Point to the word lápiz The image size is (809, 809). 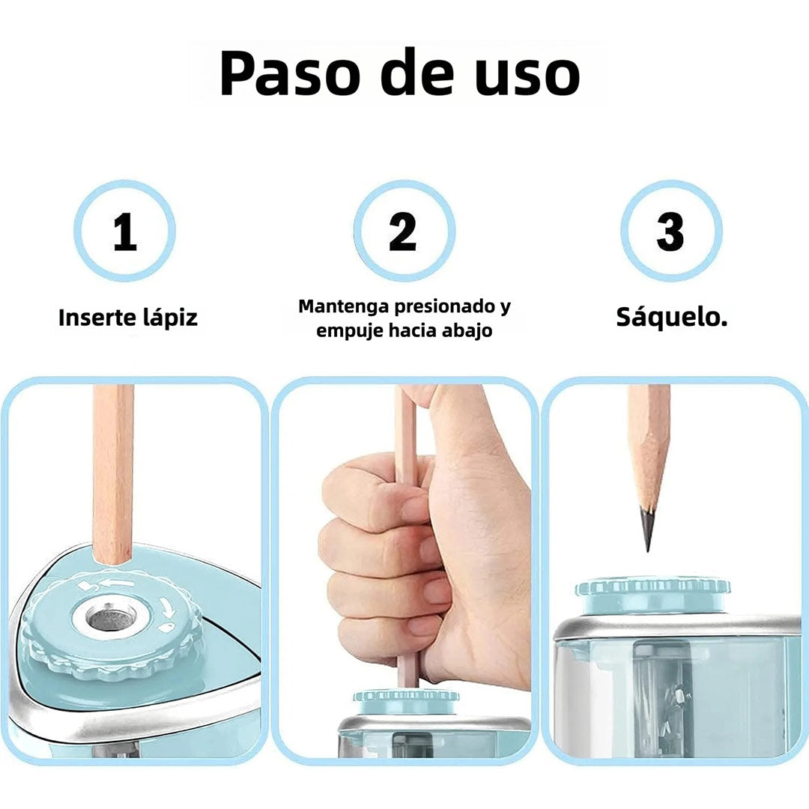click(170, 318)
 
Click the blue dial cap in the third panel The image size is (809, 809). click(652, 595)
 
